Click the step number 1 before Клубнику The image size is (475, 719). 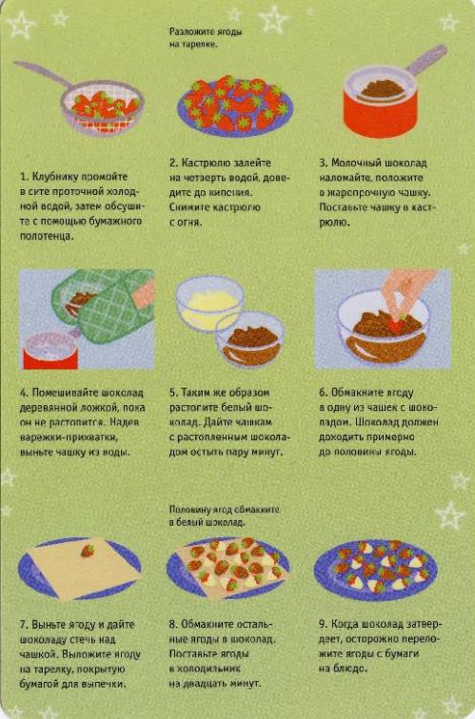pos(24,177)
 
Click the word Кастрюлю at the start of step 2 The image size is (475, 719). pos(204,164)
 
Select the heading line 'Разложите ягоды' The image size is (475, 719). pos(206,32)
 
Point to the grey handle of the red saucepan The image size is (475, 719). pos(426,60)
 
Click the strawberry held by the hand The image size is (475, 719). pos(398,324)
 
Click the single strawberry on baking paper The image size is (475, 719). pos(88,551)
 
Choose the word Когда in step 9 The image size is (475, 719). pos(345,625)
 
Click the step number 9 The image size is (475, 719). pos(323,625)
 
